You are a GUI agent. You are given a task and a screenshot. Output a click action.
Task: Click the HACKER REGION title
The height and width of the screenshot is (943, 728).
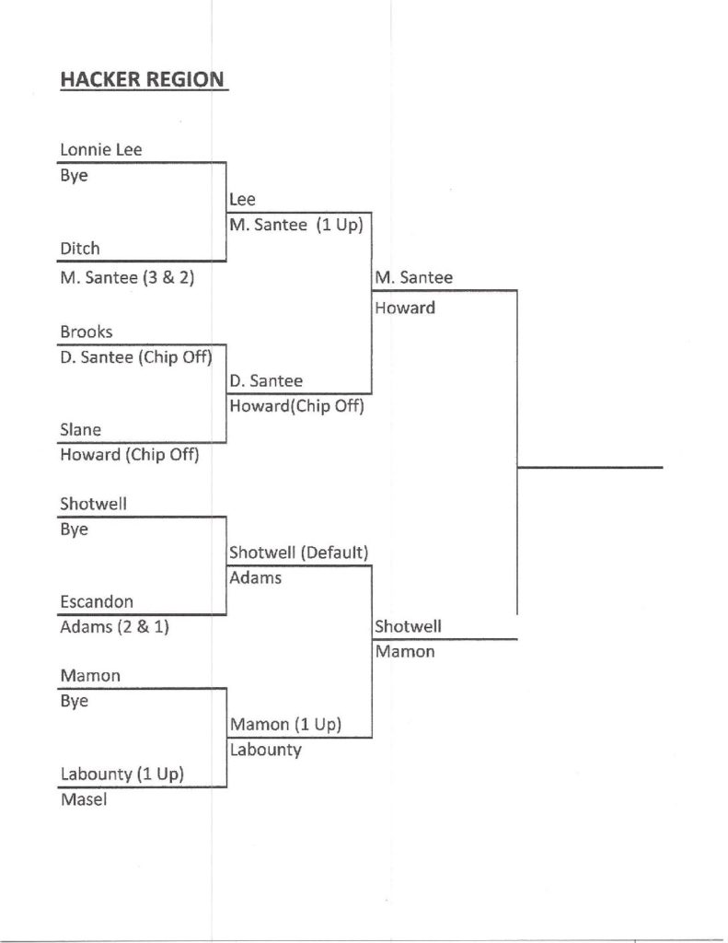(142, 80)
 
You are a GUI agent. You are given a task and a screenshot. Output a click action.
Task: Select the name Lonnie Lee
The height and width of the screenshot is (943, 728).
(101, 149)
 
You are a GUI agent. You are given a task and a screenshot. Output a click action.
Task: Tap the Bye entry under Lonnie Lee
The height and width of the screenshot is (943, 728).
(74, 175)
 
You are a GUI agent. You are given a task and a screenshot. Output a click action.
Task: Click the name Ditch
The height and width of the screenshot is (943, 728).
(80, 248)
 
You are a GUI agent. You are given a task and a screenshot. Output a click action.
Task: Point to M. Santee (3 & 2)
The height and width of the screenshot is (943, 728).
(127, 274)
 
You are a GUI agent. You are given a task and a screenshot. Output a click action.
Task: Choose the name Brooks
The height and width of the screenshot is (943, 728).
(87, 332)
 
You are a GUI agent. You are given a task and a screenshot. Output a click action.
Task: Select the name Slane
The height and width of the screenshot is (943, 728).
(81, 429)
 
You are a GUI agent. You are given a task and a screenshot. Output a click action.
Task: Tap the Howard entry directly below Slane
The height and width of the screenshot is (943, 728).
(129, 454)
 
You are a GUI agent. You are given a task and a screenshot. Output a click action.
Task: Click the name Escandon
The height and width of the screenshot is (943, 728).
(97, 601)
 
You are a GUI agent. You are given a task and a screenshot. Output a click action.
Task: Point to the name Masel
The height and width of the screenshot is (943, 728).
(84, 800)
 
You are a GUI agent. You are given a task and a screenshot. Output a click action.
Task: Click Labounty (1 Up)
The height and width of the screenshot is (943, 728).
(121, 774)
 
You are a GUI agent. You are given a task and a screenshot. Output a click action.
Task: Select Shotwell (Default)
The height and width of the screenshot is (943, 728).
(299, 553)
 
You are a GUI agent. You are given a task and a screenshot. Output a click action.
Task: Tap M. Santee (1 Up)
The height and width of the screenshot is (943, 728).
(295, 224)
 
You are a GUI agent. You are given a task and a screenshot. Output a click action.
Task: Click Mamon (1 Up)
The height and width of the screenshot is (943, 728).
(285, 724)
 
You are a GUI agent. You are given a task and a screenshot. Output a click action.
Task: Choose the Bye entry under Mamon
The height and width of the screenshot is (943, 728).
(74, 701)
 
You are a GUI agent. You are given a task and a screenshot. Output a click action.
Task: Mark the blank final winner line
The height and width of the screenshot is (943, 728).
(589, 466)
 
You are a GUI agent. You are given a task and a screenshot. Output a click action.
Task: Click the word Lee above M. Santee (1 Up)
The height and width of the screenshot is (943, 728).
(243, 199)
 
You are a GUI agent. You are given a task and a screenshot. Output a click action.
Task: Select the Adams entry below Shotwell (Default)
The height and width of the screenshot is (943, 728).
(256, 578)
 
